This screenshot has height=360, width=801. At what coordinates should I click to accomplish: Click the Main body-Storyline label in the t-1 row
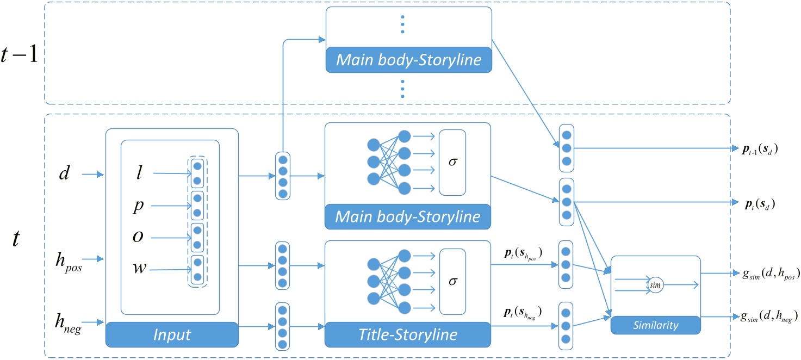coord(408,60)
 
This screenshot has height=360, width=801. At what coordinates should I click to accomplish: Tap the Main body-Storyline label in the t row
coord(408,217)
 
